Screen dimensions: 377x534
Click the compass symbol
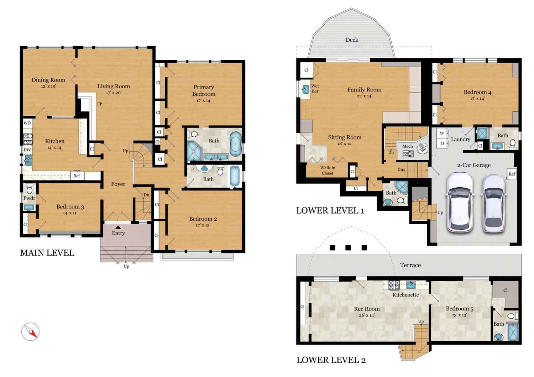(30, 332)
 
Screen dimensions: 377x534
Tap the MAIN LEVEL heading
(47, 253)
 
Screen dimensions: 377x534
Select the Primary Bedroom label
(204, 90)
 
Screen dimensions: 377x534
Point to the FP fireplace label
(100, 104)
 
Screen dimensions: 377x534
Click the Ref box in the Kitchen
(77, 176)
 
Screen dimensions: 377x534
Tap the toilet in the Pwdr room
(30, 189)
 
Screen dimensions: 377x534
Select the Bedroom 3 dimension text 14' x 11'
(70, 213)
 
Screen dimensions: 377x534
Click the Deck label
(352, 40)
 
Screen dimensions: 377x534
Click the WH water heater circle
(423, 148)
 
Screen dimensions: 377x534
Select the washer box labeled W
(442, 133)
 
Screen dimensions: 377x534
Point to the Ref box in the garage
(512, 174)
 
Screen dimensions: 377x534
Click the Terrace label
(410, 265)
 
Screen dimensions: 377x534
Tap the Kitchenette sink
(411, 285)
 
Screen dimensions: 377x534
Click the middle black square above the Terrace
(348, 248)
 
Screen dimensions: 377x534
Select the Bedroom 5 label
(459, 309)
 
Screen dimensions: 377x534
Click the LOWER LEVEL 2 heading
(331, 360)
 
